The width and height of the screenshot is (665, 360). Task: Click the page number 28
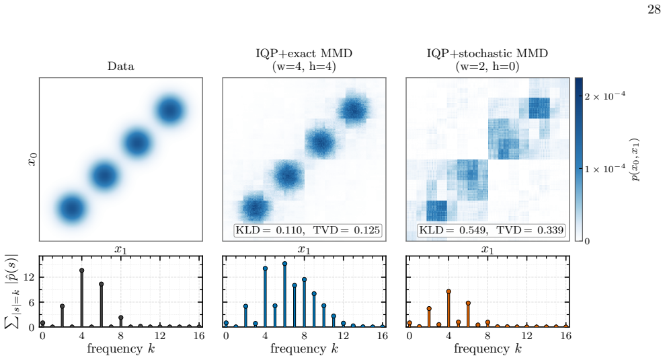click(654, 9)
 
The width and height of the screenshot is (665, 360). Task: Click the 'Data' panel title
click(121, 66)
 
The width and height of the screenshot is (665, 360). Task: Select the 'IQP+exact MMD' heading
click(304, 53)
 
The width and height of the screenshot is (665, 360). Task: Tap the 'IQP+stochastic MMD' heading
click(487, 53)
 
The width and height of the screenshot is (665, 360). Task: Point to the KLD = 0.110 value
click(270, 230)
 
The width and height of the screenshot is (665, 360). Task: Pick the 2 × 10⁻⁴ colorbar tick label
click(604, 96)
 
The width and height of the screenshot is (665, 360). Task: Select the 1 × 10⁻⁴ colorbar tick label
click(604, 168)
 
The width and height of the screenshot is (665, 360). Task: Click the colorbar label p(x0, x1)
click(635, 159)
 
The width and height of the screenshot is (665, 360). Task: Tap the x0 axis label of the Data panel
click(32, 159)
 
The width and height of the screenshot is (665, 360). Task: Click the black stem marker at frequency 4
click(82, 271)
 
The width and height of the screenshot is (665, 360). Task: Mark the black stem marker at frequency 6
click(102, 284)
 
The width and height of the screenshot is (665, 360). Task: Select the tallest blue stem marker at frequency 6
click(284, 264)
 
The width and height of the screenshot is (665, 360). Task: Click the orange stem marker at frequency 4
click(448, 291)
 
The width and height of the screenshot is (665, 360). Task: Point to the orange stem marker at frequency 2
click(429, 309)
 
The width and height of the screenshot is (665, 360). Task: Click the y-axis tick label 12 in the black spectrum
click(28, 277)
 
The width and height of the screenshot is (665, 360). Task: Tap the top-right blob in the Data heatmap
click(169, 110)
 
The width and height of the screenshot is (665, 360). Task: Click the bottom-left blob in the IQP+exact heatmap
click(256, 208)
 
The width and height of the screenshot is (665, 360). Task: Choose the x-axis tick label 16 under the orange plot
click(565, 336)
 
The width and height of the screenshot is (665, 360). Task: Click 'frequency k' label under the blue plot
click(304, 349)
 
